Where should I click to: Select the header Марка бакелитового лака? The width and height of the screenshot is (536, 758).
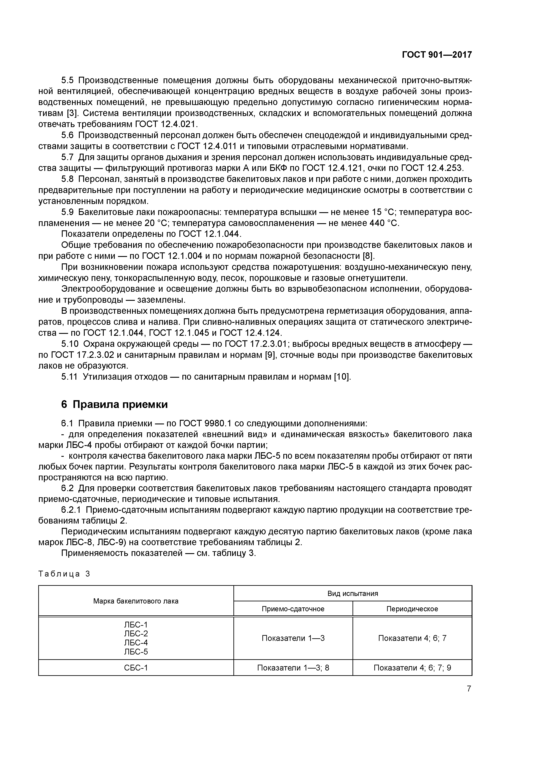(x=136, y=601)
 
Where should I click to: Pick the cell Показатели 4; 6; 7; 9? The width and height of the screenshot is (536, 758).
(x=412, y=667)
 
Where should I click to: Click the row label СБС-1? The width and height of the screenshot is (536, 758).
(x=136, y=667)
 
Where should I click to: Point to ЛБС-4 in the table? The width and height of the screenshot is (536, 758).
(x=136, y=642)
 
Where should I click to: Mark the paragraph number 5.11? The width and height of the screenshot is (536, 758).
(x=69, y=376)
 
